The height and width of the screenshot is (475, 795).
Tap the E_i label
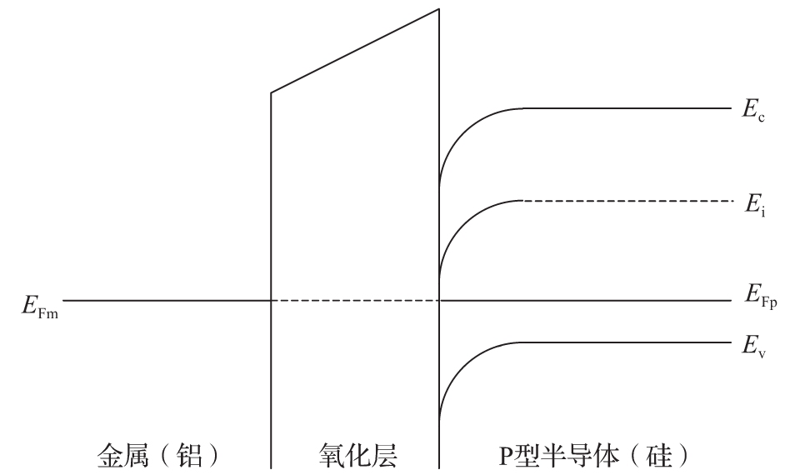click(x=755, y=204)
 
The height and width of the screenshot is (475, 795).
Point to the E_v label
click(x=754, y=347)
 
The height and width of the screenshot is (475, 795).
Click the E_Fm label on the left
click(x=39, y=304)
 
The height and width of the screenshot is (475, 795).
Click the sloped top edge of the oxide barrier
click(x=354, y=50)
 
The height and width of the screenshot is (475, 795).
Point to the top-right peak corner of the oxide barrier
click(x=438, y=9)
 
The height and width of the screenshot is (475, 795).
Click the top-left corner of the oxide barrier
click(x=271, y=92)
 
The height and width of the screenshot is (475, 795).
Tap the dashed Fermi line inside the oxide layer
click(x=354, y=300)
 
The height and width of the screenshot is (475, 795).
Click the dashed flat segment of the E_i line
click(x=625, y=201)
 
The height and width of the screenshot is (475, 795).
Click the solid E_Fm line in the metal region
click(x=167, y=300)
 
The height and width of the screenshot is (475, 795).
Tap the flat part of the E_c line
click(x=625, y=108)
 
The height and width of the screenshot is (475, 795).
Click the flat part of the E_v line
click(x=625, y=342)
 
